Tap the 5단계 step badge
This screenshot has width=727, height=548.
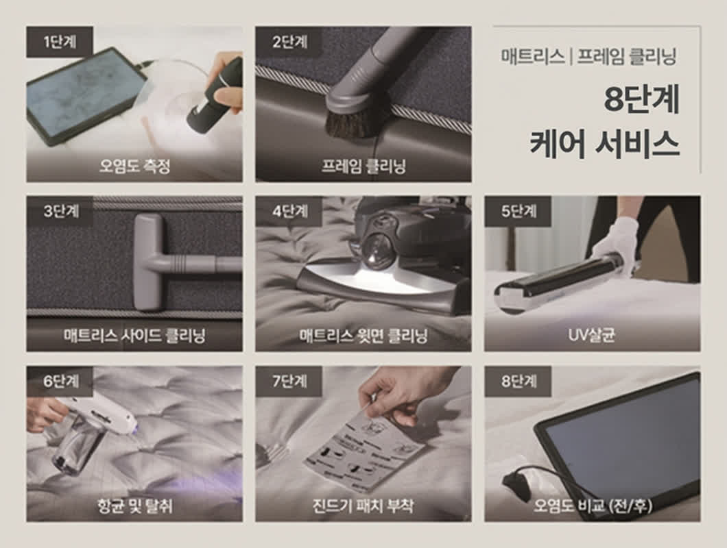[x=519, y=211]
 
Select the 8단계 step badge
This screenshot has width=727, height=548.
[x=519, y=382]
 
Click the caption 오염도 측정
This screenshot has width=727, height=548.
[x=134, y=166]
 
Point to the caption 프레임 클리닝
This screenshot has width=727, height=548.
[x=363, y=166]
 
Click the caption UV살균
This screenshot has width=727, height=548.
[x=591, y=336]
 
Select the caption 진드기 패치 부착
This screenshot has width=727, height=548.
[x=363, y=507]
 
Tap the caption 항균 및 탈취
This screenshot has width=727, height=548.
[x=134, y=507]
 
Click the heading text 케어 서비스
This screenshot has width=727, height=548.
[x=604, y=142]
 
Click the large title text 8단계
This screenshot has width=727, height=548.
[x=641, y=101]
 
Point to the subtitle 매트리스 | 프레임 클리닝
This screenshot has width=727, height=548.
[x=588, y=56]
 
